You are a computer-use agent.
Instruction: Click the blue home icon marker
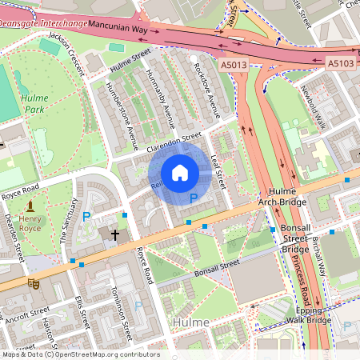click(180, 173)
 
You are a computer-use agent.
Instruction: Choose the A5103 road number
click(340, 62)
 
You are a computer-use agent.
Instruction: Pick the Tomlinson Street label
click(122, 313)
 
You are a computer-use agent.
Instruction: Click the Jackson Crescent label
click(66, 54)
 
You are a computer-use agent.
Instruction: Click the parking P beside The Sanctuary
click(87, 216)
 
